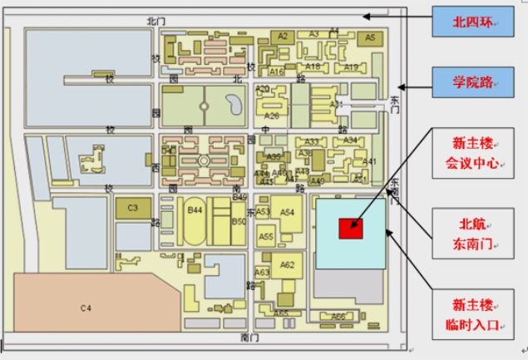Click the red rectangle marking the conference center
coord(350,226)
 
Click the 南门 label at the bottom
coord(249,338)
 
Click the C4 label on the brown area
coord(86,308)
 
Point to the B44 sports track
coord(195,223)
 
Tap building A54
coord(287,214)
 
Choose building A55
coord(266,237)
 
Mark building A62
coord(287,266)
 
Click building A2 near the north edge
coord(283,36)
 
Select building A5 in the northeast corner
coord(370,37)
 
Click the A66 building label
coord(338,316)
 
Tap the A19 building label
coord(351,67)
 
